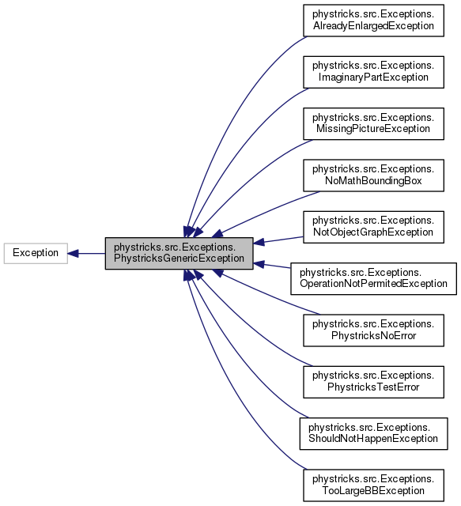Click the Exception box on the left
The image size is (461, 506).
36,253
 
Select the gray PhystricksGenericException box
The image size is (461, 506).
179,253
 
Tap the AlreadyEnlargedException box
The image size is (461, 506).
373,20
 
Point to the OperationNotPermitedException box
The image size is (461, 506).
373,278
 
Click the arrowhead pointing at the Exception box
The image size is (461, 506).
72,253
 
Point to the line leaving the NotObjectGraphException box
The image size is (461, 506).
281,239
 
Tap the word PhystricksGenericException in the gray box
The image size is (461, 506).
179,259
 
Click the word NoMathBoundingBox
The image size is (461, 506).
368,181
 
